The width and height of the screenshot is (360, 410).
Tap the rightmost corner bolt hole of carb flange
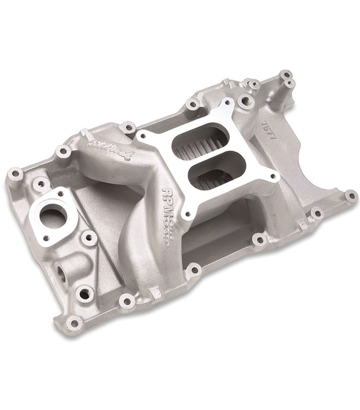(273, 176)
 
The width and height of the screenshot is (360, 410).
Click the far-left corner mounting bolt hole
(16, 173)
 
